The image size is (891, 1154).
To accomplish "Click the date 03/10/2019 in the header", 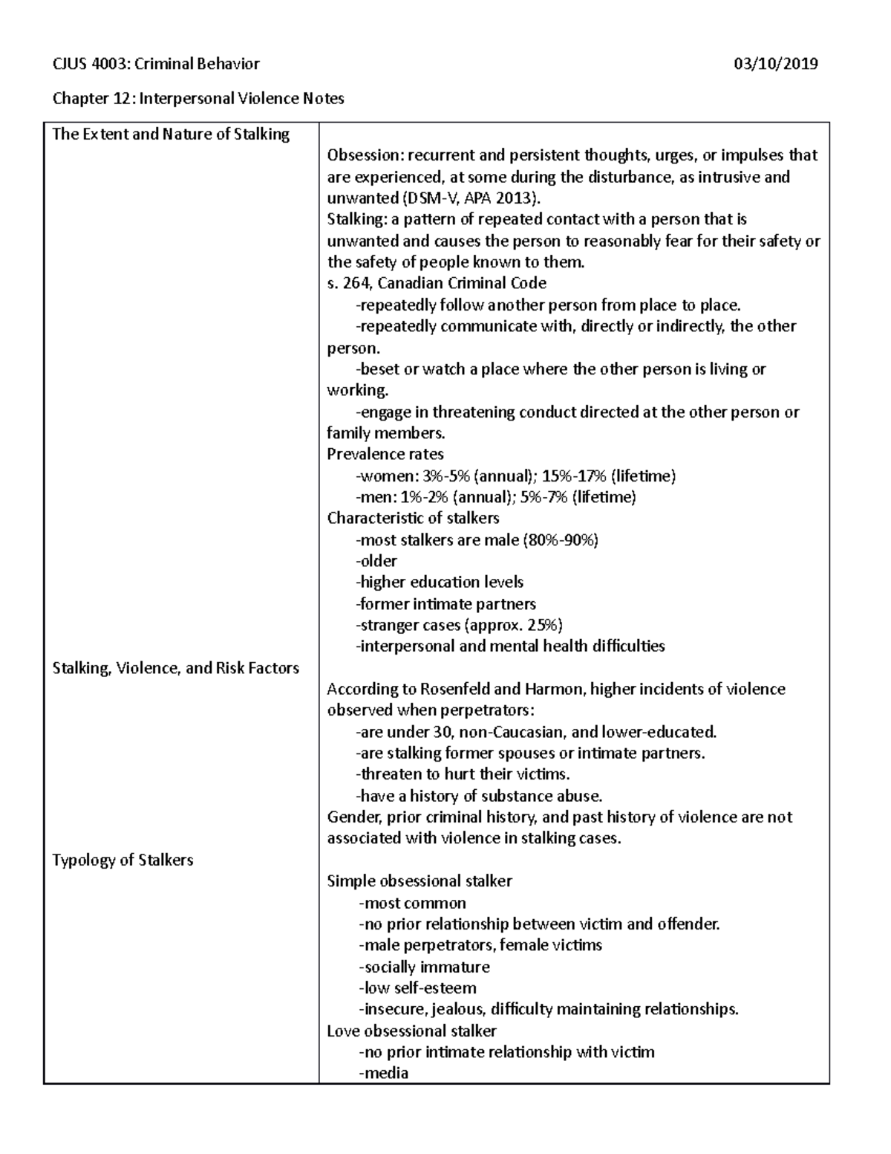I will pyautogui.click(x=776, y=64).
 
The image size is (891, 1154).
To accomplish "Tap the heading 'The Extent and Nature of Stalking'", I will pyautogui.click(x=171, y=134).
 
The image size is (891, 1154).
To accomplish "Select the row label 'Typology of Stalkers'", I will pyautogui.click(x=123, y=860).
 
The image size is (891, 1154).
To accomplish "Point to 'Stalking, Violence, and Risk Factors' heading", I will pyautogui.click(x=176, y=668).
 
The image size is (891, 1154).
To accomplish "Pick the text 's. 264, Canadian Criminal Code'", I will pyautogui.click(x=437, y=284).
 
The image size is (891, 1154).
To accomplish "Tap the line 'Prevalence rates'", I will pyautogui.click(x=385, y=455).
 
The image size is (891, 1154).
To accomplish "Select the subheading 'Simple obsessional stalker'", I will pyautogui.click(x=420, y=882).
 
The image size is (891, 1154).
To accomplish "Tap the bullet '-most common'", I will pyautogui.click(x=412, y=904).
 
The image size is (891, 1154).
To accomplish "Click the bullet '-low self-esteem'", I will pyautogui.click(x=417, y=989).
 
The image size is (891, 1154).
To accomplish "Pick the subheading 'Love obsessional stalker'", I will pyautogui.click(x=412, y=1031).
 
